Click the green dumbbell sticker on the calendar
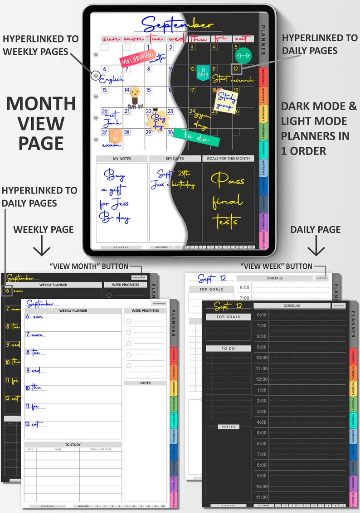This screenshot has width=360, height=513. (x=243, y=55)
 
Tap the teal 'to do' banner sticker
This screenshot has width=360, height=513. (x=196, y=137)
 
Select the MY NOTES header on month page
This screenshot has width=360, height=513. (x=122, y=159)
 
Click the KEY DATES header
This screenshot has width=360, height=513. (x=175, y=159)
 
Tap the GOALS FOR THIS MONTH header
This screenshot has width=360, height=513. (x=229, y=159)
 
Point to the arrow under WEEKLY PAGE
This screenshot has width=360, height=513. (x=43, y=248)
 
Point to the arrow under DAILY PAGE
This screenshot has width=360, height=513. (x=316, y=248)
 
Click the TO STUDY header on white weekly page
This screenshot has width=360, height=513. (x=73, y=445)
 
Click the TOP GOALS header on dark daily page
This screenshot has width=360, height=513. (x=228, y=317)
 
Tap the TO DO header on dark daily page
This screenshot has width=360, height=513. (x=228, y=348)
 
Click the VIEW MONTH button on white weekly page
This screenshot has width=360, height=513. (x=159, y=303)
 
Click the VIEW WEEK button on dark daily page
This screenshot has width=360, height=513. (x=338, y=305)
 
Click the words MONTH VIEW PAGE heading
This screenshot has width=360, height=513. (x=41, y=123)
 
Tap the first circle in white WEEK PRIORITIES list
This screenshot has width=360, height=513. (x=129, y=321)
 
